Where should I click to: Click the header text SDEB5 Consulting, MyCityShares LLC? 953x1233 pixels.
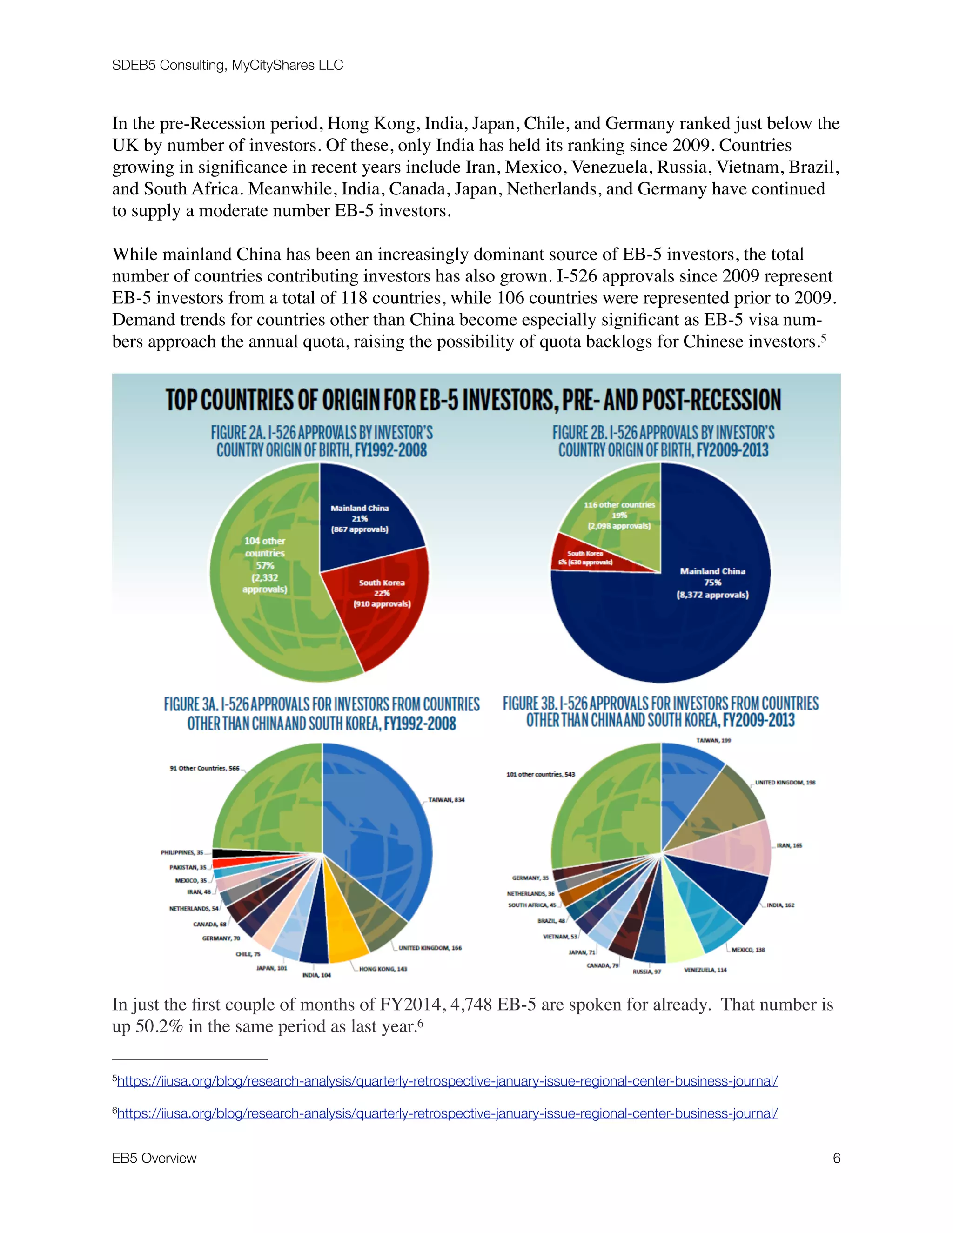(x=227, y=66)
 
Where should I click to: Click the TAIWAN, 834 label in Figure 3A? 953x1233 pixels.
(x=446, y=800)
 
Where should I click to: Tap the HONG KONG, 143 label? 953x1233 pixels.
(x=383, y=969)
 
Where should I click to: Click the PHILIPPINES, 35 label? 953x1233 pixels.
(x=182, y=852)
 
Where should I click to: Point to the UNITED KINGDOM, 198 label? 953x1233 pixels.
(x=785, y=783)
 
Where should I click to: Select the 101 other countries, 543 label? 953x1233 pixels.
(x=540, y=774)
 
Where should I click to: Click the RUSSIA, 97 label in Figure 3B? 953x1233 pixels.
(x=646, y=972)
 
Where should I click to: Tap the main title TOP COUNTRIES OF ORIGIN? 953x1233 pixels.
(x=473, y=400)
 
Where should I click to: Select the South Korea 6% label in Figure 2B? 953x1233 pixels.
(x=585, y=558)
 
